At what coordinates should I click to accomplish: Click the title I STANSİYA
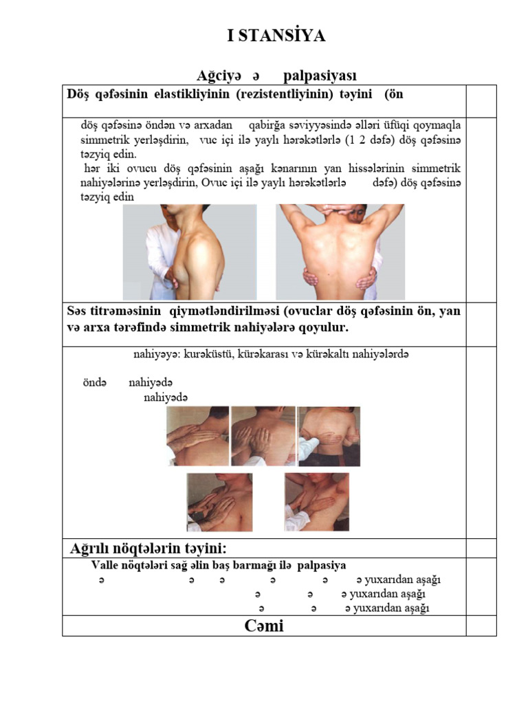276,36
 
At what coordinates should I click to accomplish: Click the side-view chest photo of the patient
190,252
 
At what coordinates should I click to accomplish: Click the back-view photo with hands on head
340,252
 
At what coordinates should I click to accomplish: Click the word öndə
95,383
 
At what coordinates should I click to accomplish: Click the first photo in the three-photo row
198,436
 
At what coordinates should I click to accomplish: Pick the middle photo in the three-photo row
263,436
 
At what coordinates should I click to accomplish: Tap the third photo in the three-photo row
329,436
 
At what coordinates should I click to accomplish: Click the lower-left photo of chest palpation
219,502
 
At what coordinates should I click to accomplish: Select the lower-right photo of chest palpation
316,502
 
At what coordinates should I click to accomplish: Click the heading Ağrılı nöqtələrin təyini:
148,549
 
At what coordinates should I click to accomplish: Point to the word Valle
107,566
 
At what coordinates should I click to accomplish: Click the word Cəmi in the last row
264,626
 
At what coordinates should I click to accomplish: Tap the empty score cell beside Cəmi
481,626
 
